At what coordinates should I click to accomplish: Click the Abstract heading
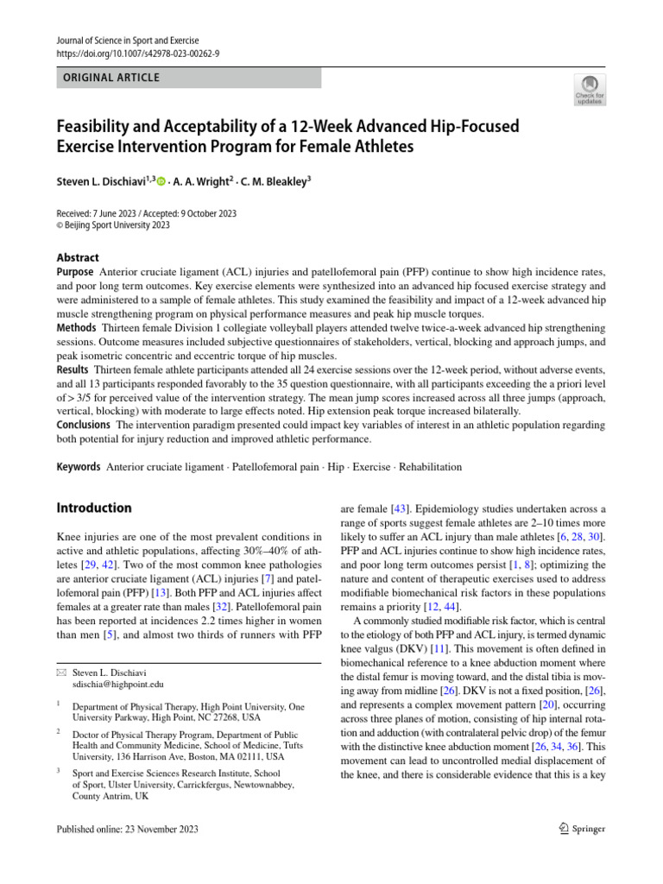78,257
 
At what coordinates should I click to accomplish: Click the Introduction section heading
94,508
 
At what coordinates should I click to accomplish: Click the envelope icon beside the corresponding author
60,670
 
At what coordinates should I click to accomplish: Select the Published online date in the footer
127,830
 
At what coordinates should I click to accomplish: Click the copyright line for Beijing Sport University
113,225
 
